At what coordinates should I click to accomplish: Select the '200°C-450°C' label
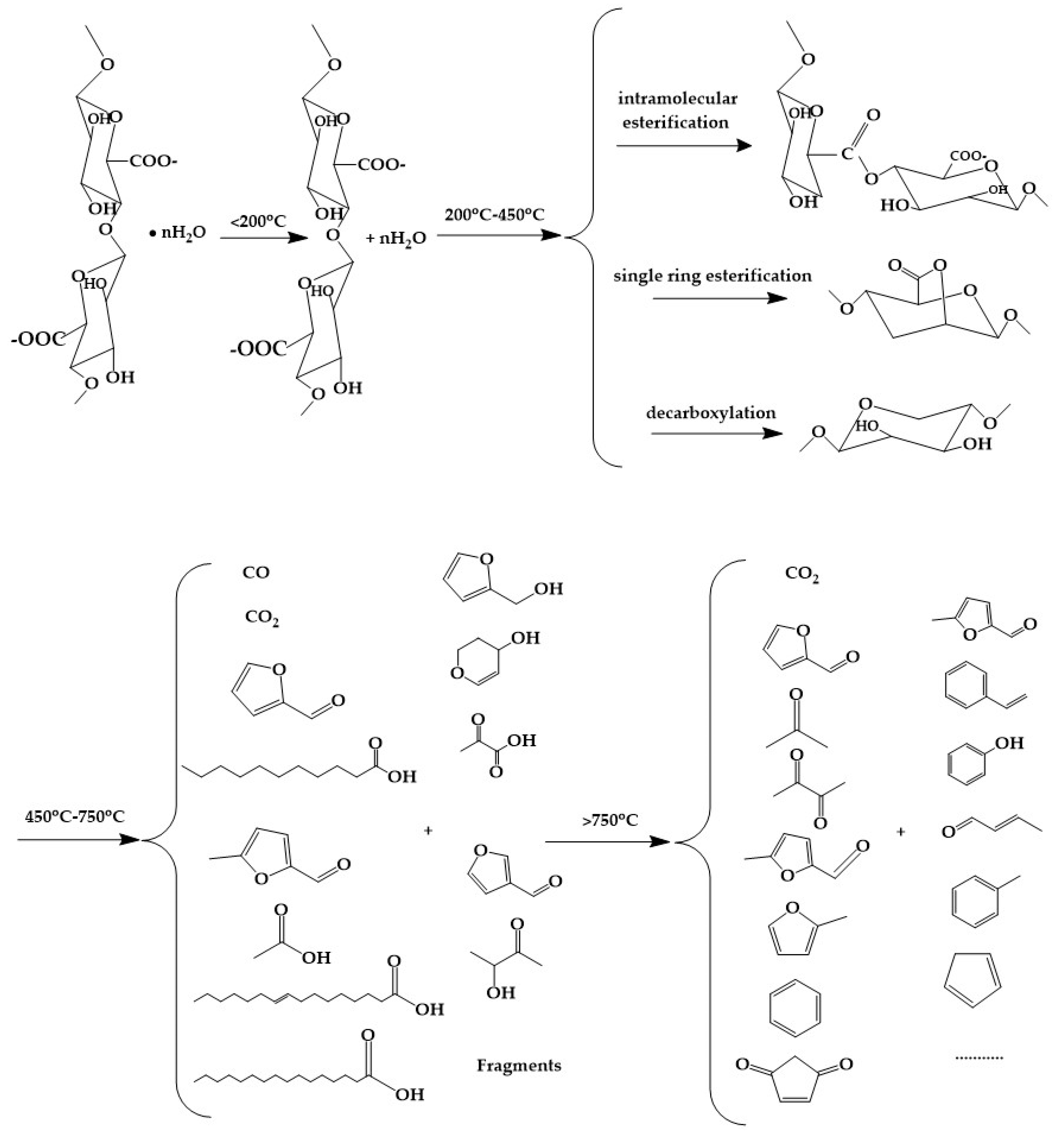tap(495, 214)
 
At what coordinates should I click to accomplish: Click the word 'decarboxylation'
tap(711, 413)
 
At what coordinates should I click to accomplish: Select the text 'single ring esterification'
tap(712, 276)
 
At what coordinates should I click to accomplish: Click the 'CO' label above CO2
tap(256, 572)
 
